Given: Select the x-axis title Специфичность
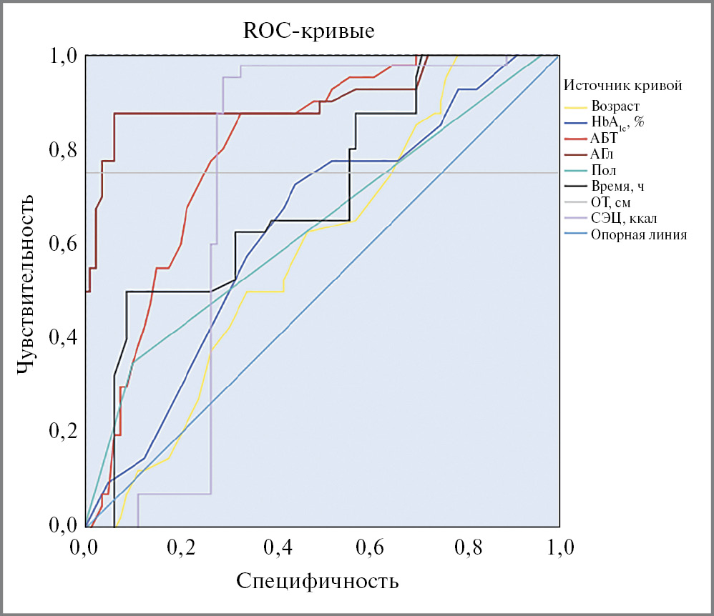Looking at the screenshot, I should pos(317,580).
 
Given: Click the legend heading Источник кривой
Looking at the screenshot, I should pos(622,86).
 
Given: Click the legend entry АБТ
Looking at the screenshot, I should pos(605,139).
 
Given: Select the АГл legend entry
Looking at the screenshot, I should pos(603,154).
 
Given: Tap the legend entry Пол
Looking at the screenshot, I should pos(604,171).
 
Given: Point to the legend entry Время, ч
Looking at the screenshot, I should pos(616,187).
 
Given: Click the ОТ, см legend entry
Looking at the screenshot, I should pos(611,203).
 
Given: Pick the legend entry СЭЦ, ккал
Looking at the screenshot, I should pos(621,219).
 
